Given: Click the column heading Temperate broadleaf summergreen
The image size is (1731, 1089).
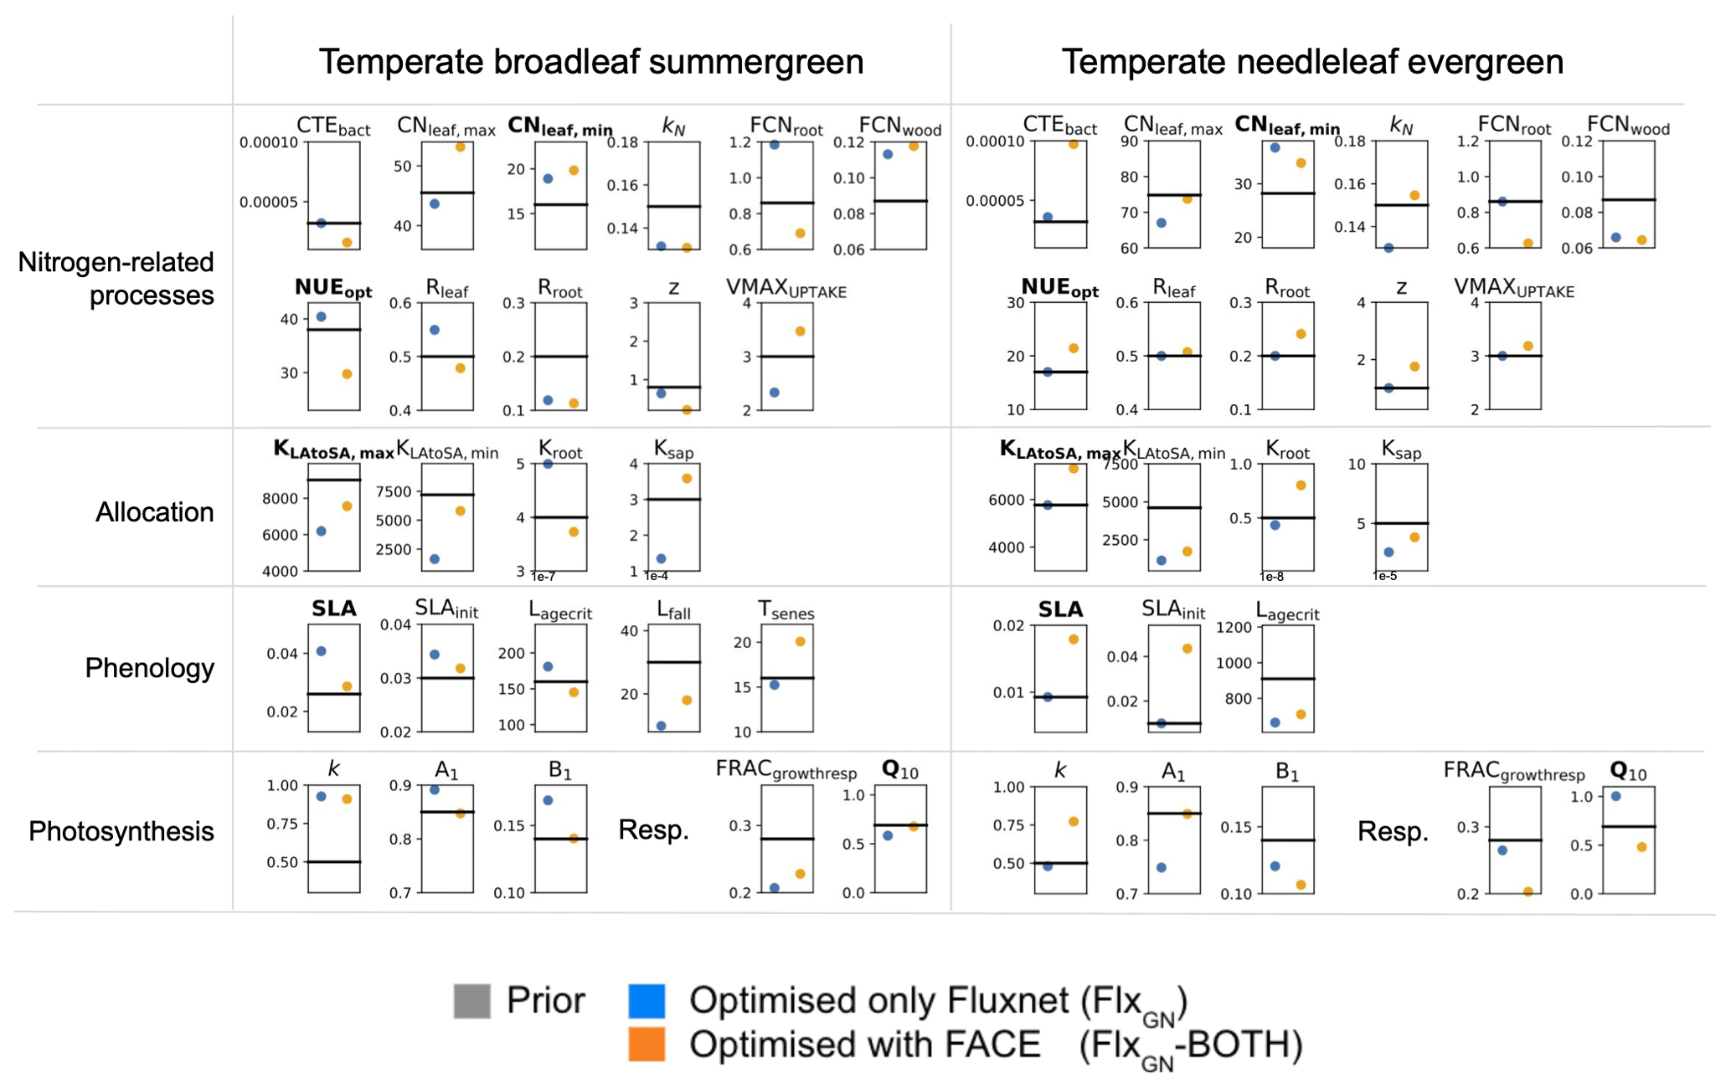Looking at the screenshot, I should [590, 62].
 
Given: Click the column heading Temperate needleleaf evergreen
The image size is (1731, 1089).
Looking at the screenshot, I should [1311, 62].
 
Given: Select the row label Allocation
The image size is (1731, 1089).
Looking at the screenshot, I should [154, 511].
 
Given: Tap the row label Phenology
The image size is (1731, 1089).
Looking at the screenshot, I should [149, 667].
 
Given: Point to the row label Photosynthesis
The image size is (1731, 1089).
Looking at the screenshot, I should [121, 830].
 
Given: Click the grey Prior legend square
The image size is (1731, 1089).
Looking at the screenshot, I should [471, 1000].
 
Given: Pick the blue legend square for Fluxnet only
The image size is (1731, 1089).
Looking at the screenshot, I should [647, 1000].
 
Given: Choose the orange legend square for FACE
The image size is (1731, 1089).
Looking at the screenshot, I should [647, 1044].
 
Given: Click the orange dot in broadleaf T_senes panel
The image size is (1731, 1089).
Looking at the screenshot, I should [800, 641].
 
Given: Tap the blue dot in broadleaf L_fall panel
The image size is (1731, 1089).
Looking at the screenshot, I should [661, 726].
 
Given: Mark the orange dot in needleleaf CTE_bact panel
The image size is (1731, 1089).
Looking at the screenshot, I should [1073, 144].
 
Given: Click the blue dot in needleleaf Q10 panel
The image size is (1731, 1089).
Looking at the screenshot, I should [1615, 796].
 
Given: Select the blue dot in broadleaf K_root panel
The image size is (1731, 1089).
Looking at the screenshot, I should [548, 464].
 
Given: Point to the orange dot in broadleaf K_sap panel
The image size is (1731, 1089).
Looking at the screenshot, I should [687, 478].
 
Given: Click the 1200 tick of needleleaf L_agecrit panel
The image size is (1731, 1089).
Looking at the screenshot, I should [1234, 627].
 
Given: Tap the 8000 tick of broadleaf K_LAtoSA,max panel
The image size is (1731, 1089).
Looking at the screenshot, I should [280, 498].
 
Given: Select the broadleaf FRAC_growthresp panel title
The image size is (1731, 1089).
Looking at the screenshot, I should [786, 771].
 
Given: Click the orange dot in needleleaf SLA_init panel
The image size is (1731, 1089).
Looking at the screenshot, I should [1187, 648].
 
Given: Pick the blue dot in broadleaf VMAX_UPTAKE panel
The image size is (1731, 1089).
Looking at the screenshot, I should [775, 392].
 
